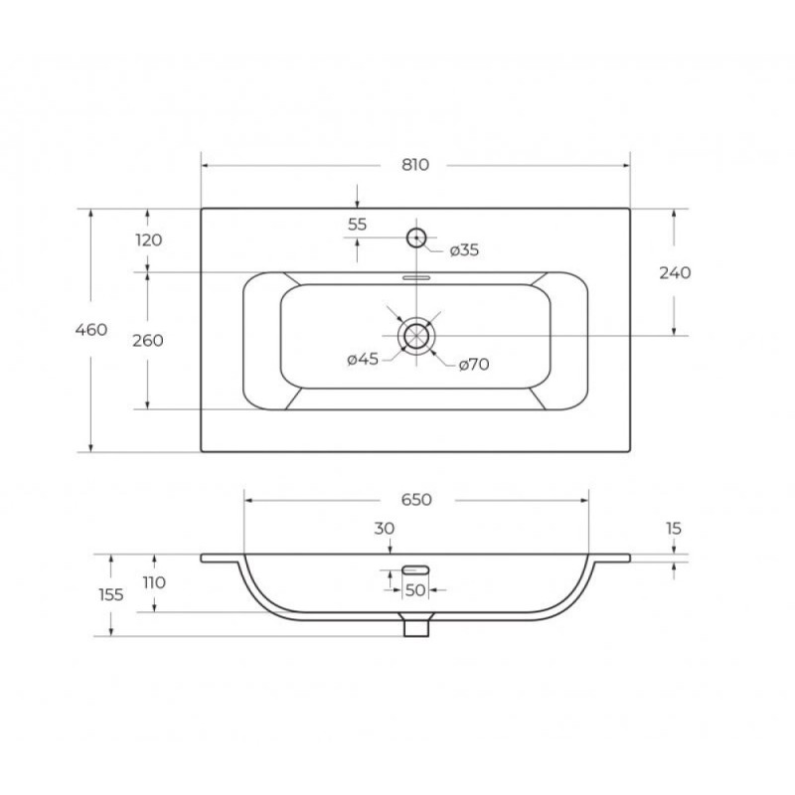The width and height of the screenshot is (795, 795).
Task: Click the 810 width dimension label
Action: click(x=415, y=165)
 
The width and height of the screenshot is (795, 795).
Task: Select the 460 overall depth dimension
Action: click(x=91, y=330)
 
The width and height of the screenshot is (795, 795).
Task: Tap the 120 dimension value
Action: click(x=148, y=239)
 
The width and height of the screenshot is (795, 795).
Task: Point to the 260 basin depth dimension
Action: click(x=148, y=340)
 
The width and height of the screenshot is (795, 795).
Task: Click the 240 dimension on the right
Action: click(x=675, y=272)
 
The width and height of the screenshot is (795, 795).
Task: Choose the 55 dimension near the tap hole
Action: click(x=358, y=225)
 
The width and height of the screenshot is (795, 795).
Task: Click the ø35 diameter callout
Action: click(x=464, y=250)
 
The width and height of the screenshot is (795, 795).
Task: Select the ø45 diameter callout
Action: click(x=363, y=359)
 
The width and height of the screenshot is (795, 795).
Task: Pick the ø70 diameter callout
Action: click(x=474, y=364)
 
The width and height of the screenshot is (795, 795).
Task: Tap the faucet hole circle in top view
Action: click(x=416, y=229)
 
